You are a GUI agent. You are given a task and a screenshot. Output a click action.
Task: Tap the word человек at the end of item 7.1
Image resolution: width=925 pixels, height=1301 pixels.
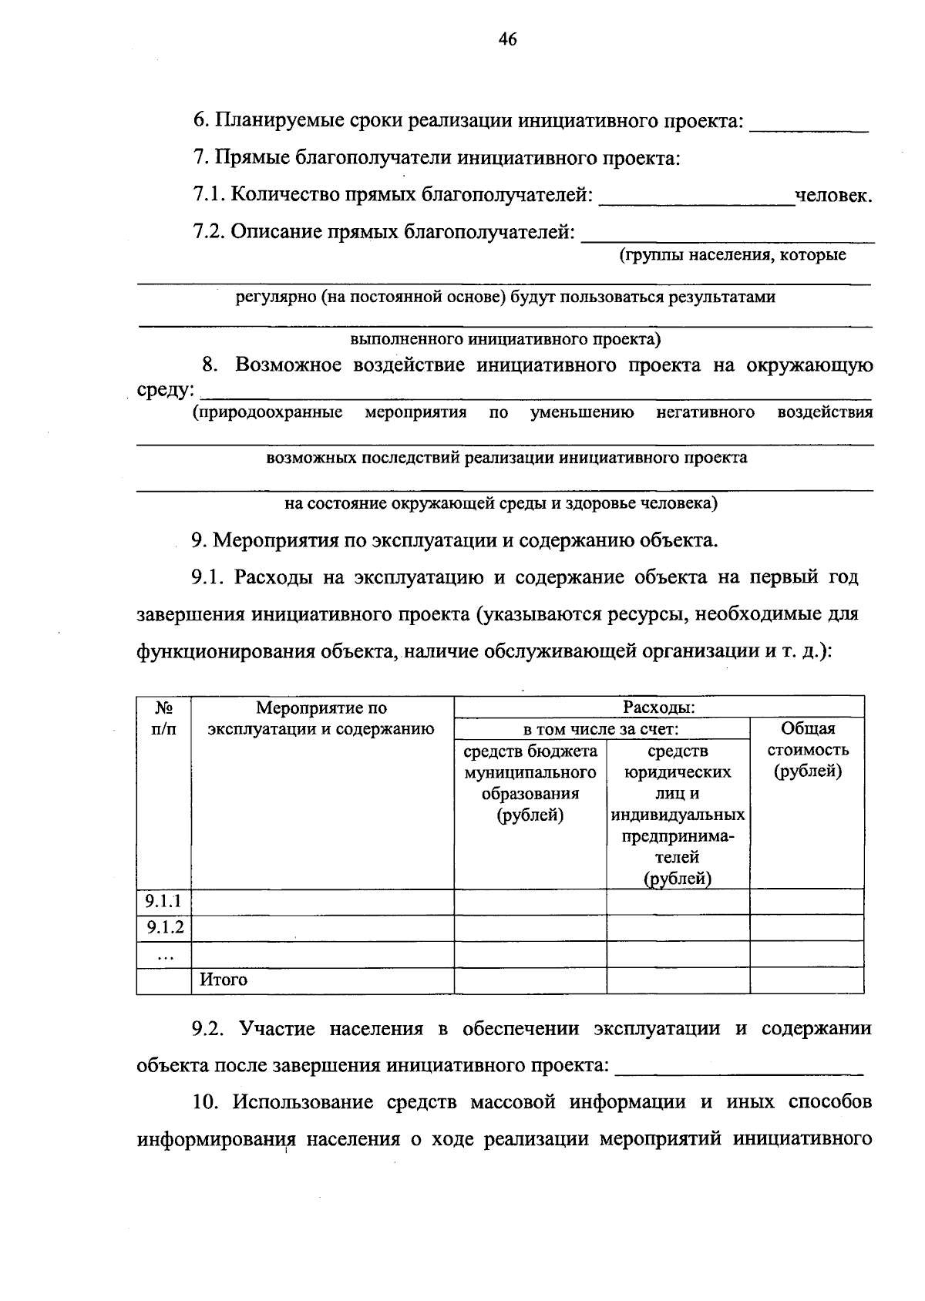[833, 196]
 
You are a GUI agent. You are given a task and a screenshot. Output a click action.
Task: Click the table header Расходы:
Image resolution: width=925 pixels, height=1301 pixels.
[658, 707]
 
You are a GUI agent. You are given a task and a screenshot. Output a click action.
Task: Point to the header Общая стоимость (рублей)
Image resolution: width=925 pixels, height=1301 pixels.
[807, 749]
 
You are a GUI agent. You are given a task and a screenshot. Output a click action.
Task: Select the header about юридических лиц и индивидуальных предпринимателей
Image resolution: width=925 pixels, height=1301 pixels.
[678, 814]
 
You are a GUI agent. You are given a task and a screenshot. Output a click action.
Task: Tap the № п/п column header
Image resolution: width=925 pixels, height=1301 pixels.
[163, 718]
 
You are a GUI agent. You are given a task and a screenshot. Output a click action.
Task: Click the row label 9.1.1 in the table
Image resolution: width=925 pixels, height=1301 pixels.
[163, 901]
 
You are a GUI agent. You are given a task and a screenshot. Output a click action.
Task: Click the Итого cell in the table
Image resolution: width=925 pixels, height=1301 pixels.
[224, 980]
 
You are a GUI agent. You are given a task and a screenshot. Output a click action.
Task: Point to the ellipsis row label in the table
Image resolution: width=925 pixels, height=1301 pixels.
[163, 955]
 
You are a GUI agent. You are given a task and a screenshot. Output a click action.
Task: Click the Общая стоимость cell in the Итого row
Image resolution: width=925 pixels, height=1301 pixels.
[806, 980]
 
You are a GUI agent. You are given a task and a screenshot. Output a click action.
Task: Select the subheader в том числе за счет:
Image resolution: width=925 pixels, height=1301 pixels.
[600, 728]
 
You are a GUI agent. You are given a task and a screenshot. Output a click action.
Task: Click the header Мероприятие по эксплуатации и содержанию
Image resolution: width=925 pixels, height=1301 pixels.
[321, 718]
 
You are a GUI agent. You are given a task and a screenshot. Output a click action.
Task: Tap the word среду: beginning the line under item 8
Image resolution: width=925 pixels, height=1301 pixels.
[164, 390]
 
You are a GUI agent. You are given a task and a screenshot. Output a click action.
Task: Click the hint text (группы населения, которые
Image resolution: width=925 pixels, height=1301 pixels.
[732, 255]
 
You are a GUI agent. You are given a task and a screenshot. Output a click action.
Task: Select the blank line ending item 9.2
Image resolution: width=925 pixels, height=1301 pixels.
[740, 1069]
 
